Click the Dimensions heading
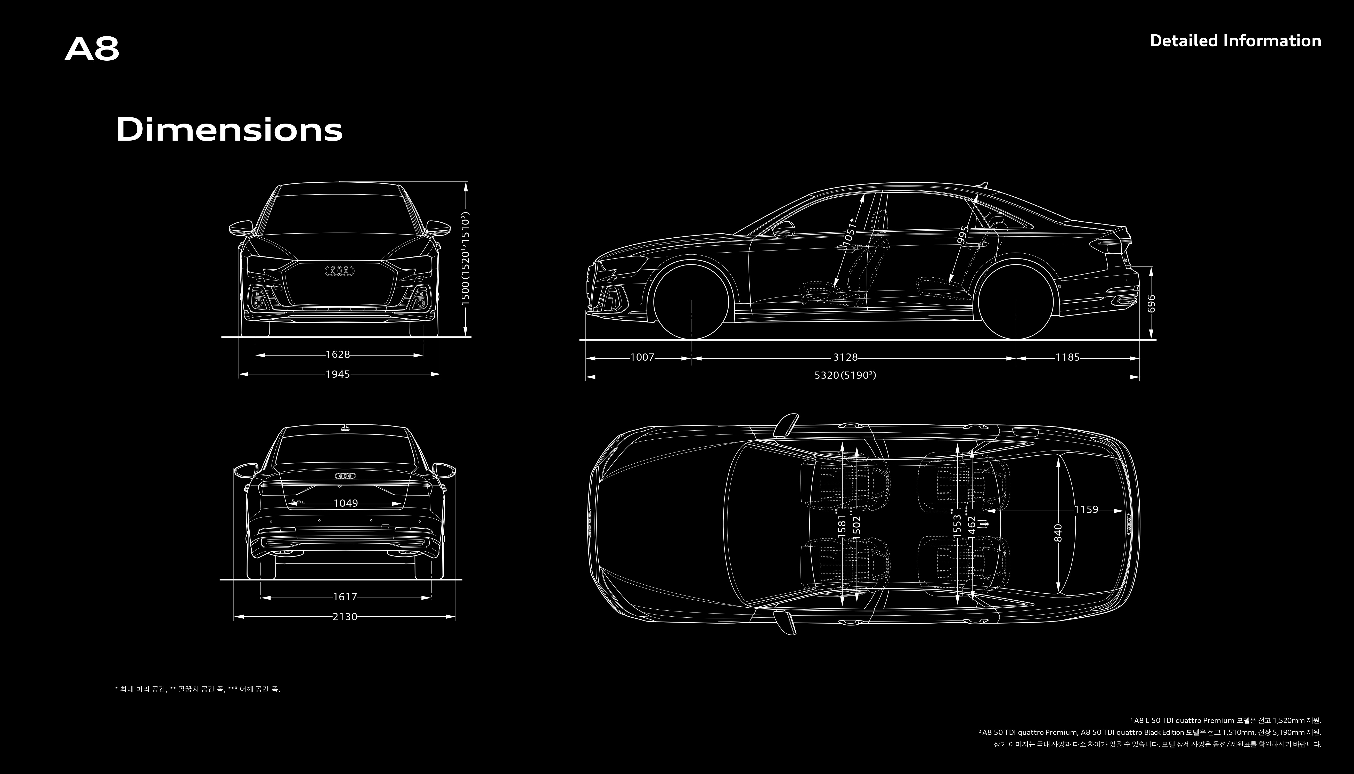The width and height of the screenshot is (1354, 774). [x=229, y=130]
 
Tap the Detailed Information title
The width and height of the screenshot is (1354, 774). [x=1235, y=41]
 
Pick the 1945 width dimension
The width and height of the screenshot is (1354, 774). [x=338, y=374]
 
